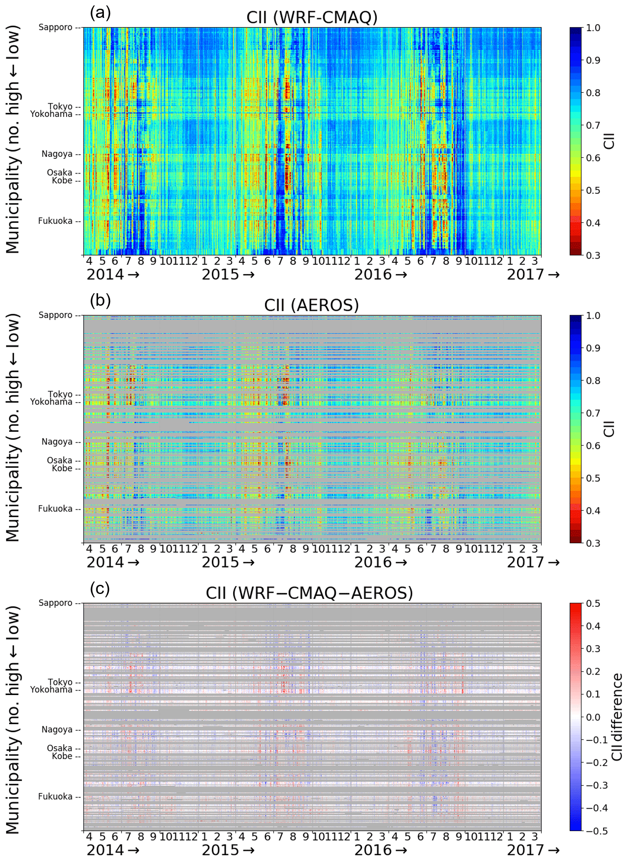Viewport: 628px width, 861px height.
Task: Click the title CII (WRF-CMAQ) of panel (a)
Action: pos(312,17)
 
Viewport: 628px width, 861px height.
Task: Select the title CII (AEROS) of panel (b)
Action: pos(311,305)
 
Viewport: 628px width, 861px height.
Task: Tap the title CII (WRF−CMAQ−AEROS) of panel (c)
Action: pos(309,593)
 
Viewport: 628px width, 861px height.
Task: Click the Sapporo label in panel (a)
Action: pos(55,27)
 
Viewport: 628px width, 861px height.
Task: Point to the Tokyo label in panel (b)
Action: pos(60,394)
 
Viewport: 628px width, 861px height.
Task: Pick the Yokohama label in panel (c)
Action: pos(51,690)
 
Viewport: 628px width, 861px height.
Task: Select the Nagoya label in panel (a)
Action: pos(57,154)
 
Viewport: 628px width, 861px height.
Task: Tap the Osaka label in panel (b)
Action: pos(59,460)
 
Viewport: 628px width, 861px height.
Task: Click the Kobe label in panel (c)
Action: pos(62,756)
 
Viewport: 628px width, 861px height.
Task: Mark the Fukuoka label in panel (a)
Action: pos(55,221)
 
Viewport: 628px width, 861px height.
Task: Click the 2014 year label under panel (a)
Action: pos(105,275)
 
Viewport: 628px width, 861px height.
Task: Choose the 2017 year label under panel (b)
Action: pos(525,562)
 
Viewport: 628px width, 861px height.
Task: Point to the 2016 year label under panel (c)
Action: pos(373,850)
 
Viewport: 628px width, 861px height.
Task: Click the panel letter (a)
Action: pos(100,13)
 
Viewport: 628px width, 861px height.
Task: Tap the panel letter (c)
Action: pos(100,589)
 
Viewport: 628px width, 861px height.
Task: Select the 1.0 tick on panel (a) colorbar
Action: pos(593,28)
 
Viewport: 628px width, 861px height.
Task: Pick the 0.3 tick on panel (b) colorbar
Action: pos(593,543)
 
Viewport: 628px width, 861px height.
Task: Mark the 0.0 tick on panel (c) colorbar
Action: pos(593,717)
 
